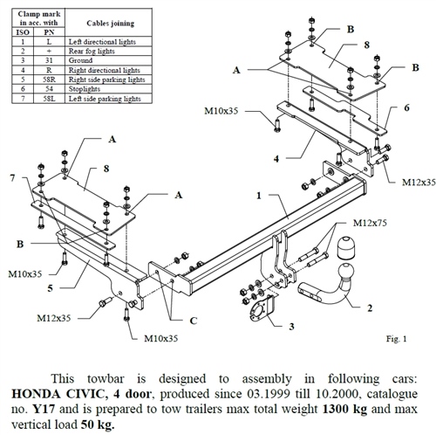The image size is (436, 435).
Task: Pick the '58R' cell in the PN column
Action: coord(49,80)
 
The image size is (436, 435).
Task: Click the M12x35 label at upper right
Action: coord(418,183)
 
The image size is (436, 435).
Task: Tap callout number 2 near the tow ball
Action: coord(370,307)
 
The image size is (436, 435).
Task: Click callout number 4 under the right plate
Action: coord(276,158)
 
